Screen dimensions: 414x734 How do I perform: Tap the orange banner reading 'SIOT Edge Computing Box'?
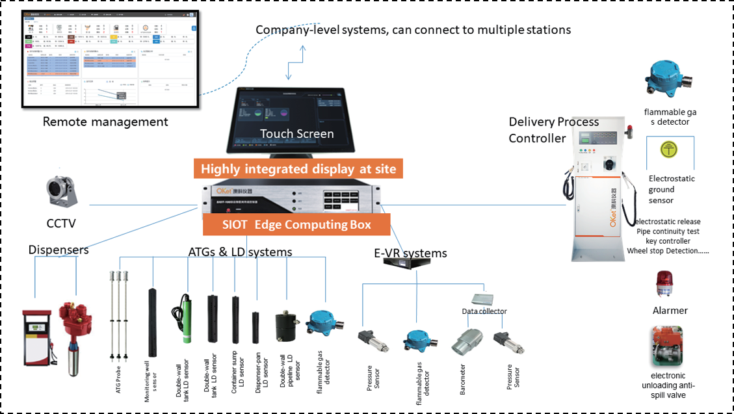click(x=296, y=225)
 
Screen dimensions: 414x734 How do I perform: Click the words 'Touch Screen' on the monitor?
click(x=297, y=134)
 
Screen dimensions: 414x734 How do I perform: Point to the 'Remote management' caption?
click(x=105, y=122)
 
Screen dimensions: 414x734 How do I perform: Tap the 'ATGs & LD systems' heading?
click(x=241, y=252)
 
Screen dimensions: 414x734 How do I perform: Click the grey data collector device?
click(x=485, y=299)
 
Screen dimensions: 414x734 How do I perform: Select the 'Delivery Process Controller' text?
click(x=553, y=130)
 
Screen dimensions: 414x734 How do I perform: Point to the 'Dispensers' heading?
click(x=59, y=250)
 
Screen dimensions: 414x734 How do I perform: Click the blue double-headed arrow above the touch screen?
click(x=295, y=62)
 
